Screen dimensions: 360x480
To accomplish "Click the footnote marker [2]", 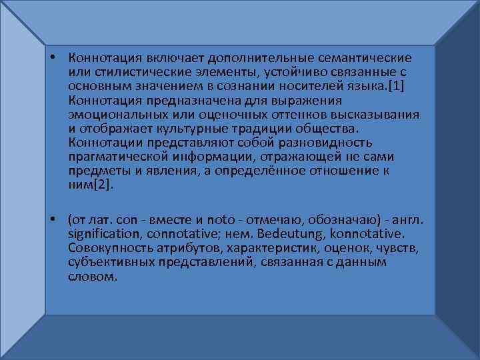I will (103, 185).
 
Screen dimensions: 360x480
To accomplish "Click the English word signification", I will (106, 234).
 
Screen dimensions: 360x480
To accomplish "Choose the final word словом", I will (92, 276).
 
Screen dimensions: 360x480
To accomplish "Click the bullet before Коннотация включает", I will (51, 59).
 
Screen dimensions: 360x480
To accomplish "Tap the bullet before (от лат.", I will (51, 220).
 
